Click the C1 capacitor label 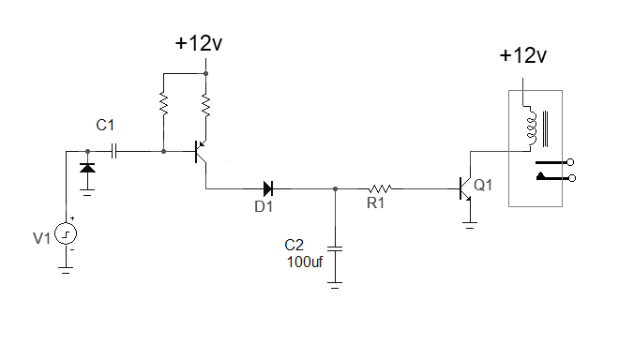[x=107, y=125]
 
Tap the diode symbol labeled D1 [x=268, y=188]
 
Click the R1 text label [x=375, y=204]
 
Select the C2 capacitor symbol [x=337, y=248]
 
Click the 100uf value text [x=305, y=262]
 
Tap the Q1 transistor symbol [x=465, y=188]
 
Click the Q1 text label [x=483, y=186]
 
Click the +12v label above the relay [x=522, y=56]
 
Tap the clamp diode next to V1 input [x=87, y=169]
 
